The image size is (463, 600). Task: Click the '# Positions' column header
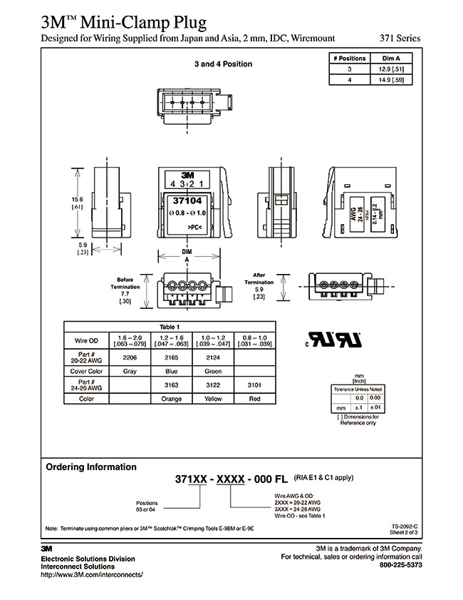tap(348, 58)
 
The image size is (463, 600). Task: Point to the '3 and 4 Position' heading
tap(223, 64)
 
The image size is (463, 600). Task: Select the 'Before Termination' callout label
tap(125, 283)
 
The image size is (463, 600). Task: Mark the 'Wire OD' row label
tap(85, 339)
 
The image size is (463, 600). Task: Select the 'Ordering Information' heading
tap(91, 467)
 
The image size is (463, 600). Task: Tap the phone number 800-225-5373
tap(401, 565)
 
